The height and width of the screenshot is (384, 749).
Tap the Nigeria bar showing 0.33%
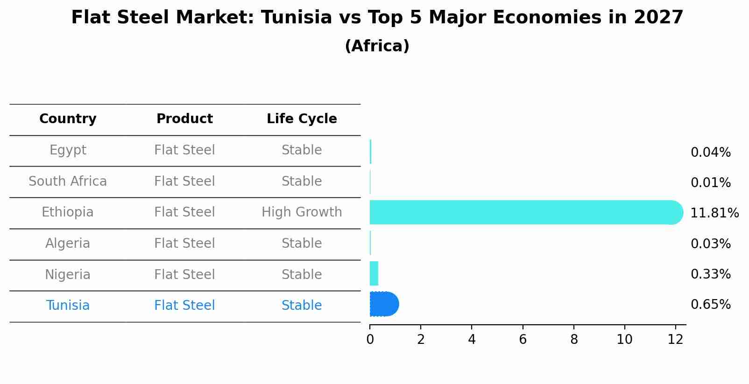point(374,273)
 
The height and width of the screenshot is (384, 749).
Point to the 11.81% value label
point(714,213)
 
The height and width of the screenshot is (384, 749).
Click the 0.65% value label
point(710,305)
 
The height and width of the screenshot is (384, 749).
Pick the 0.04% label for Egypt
point(710,153)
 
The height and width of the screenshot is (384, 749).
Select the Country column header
point(68,119)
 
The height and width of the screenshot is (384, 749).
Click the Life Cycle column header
point(302,119)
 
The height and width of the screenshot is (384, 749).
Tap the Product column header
point(184,119)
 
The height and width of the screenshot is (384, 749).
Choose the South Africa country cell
point(68,182)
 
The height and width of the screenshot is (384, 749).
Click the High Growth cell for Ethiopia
point(302,212)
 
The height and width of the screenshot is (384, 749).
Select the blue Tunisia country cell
point(68,306)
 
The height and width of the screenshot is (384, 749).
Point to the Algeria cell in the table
point(68,244)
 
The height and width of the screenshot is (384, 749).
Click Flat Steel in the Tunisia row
point(184,306)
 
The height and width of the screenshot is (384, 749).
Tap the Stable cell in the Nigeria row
point(302,275)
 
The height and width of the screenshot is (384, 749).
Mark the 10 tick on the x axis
point(624,340)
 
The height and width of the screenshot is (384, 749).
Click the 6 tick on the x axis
point(523,340)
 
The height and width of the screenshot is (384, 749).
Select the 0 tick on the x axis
point(370,340)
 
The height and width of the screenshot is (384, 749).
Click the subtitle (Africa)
point(377,46)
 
